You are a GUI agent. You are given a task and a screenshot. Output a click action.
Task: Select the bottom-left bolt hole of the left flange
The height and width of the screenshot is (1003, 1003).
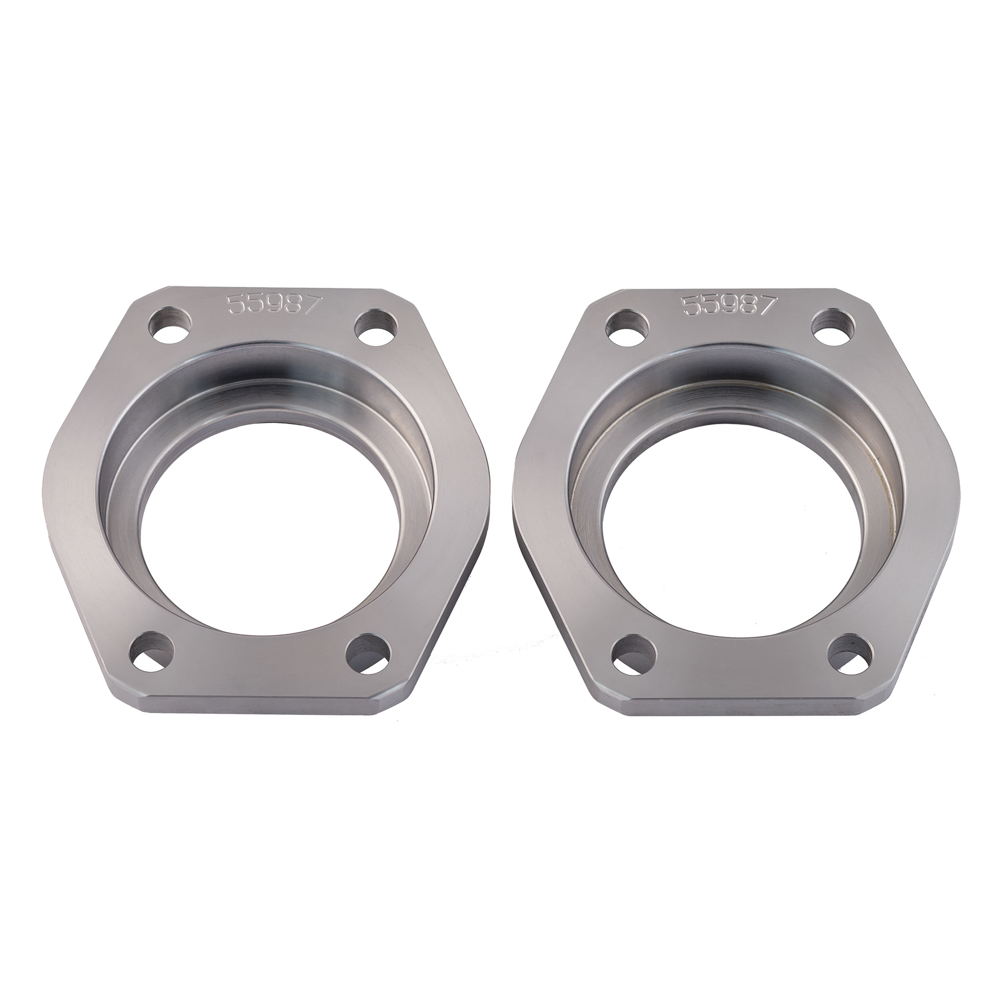[151, 653]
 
